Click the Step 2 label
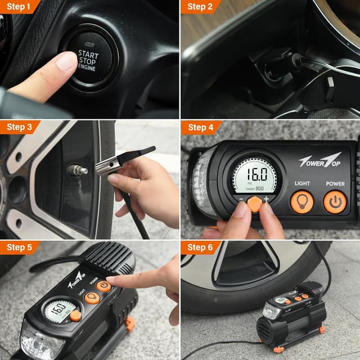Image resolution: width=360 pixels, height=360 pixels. coord(200,7)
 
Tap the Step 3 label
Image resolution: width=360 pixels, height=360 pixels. coord(19,127)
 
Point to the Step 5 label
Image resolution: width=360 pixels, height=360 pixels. coord(19,247)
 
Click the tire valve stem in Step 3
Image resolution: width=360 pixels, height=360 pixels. coord(78,169)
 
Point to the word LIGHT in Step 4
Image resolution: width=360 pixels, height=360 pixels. coord(302,183)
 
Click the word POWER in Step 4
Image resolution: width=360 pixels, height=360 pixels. coord(335,183)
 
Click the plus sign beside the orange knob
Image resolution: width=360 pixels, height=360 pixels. coord(266,200)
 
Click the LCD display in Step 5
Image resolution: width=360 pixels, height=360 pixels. coord(58,308)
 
